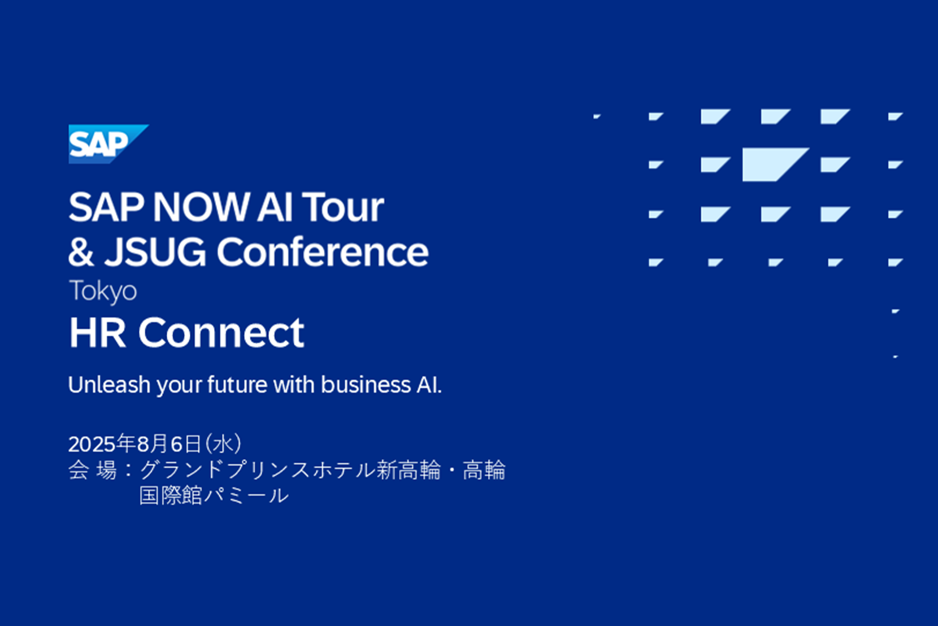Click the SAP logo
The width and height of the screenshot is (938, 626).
108,144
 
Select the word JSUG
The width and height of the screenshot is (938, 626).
155,252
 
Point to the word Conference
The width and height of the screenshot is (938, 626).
323,252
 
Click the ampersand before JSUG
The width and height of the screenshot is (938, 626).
81,252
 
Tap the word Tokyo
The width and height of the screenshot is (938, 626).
103,291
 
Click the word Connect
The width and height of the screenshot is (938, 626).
221,333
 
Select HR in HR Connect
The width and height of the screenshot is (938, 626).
98,333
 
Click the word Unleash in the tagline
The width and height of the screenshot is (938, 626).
109,384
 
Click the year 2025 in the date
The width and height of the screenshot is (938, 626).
92,444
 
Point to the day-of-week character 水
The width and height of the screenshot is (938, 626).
223,444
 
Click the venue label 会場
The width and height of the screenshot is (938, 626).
93,470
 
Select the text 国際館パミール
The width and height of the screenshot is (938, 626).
214,495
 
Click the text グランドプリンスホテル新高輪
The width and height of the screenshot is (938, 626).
290,470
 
